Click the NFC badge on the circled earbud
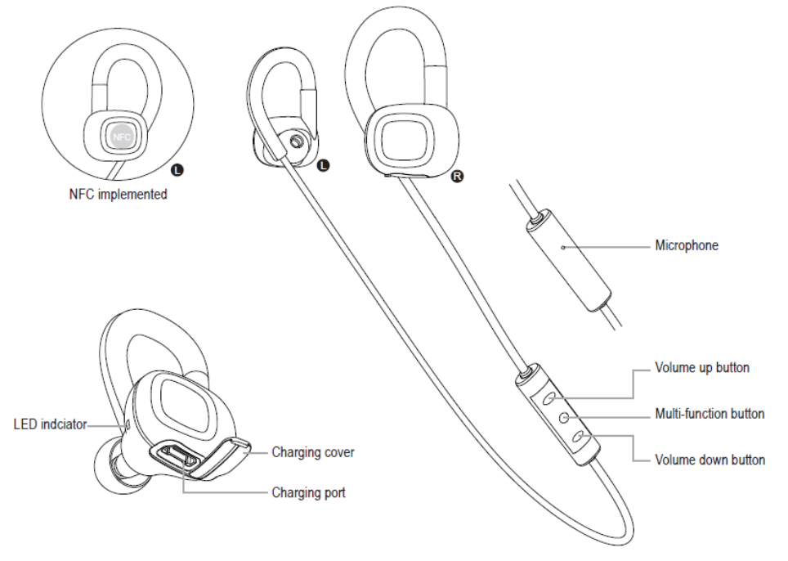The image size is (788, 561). pyautogui.click(x=122, y=137)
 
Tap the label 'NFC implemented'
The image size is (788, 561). pyautogui.click(x=119, y=195)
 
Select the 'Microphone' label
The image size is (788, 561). pyautogui.click(x=687, y=245)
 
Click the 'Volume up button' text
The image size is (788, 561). pyautogui.click(x=701, y=367)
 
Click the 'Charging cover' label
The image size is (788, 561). pyautogui.click(x=313, y=452)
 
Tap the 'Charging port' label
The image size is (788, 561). pyautogui.click(x=308, y=492)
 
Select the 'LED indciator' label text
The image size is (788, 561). pyautogui.click(x=50, y=425)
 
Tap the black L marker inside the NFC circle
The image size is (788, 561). pyautogui.click(x=178, y=170)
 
